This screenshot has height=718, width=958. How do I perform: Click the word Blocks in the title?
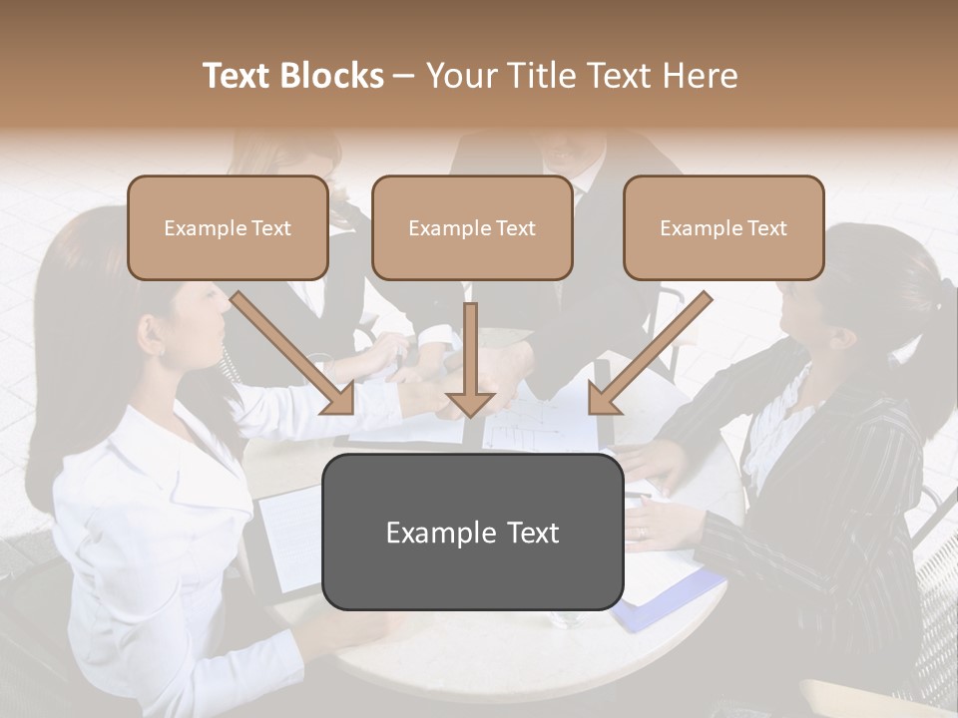click(331, 76)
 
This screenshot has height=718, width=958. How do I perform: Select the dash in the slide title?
click(405, 77)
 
